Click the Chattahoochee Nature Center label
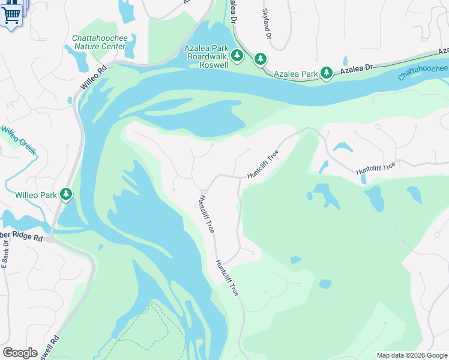tap(100, 43)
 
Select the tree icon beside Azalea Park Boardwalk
tap(237, 56)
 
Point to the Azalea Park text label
tap(295, 74)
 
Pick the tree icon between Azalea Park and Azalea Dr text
tap(326, 73)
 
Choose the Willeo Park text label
tap(35, 195)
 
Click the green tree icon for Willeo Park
tap(65, 194)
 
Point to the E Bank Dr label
tap(5, 253)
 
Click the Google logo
tap(20, 353)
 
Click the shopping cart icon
tap(11, 13)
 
